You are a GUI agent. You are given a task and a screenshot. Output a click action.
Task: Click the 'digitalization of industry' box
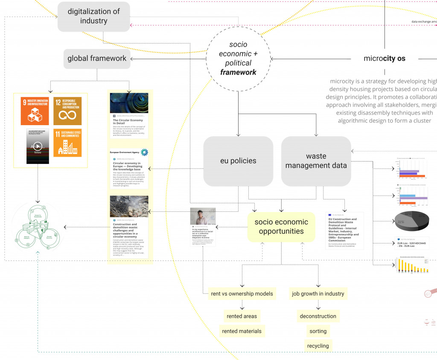[x=93, y=16]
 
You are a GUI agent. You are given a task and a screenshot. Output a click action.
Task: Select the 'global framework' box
[x=97, y=59]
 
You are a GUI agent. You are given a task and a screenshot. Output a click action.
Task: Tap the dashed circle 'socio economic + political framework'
[x=238, y=59]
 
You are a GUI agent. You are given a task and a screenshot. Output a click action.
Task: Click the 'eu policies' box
[x=238, y=161]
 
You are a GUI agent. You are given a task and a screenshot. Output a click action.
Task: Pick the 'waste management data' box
[x=316, y=161]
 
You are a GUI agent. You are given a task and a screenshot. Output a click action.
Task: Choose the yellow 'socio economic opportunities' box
[x=281, y=227]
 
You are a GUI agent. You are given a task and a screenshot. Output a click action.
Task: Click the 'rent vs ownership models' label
[x=242, y=294]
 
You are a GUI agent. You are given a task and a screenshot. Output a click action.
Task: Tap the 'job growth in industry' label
[x=318, y=294]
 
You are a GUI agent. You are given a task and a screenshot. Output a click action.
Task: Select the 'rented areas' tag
[x=242, y=316]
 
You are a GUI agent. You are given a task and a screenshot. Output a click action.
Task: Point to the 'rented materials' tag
[x=242, y=331]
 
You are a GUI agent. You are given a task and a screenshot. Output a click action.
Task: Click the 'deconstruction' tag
[x=318, y=316]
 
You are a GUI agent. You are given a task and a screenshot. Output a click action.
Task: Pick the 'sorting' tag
[x=318, y=331]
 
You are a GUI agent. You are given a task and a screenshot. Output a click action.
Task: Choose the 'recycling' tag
[x=318, y=345]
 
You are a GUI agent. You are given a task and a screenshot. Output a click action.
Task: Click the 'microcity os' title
[x=385, y=59]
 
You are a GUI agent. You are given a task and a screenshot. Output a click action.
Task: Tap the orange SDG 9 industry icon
[x=35, y=111]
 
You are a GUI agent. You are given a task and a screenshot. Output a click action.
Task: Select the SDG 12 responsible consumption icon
[x=67, y=111]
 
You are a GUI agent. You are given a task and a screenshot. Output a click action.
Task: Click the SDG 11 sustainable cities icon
[x=67, y=143]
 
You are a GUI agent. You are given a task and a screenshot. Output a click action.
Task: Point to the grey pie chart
[x=411, y=220]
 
